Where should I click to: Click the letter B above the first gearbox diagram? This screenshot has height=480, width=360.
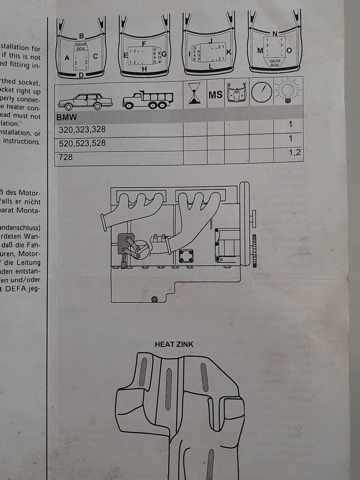81,36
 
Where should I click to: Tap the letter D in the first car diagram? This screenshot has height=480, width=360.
81,75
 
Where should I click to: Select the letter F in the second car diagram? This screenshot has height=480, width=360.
144,44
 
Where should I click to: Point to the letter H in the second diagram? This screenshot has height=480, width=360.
144,69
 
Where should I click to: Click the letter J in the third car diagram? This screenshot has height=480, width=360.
211,40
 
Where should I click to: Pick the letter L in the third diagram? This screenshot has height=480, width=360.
211,67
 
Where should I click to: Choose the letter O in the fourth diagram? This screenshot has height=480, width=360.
289,51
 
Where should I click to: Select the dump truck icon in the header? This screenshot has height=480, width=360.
148,99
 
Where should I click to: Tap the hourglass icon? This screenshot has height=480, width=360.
194,93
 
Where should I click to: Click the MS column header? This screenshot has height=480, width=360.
215,94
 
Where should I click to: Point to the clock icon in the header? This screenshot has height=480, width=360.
261,92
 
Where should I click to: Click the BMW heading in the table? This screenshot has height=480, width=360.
67,117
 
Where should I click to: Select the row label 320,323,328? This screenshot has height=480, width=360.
82,130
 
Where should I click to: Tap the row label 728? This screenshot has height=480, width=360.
66,157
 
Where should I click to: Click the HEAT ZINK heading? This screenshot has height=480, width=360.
174,344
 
